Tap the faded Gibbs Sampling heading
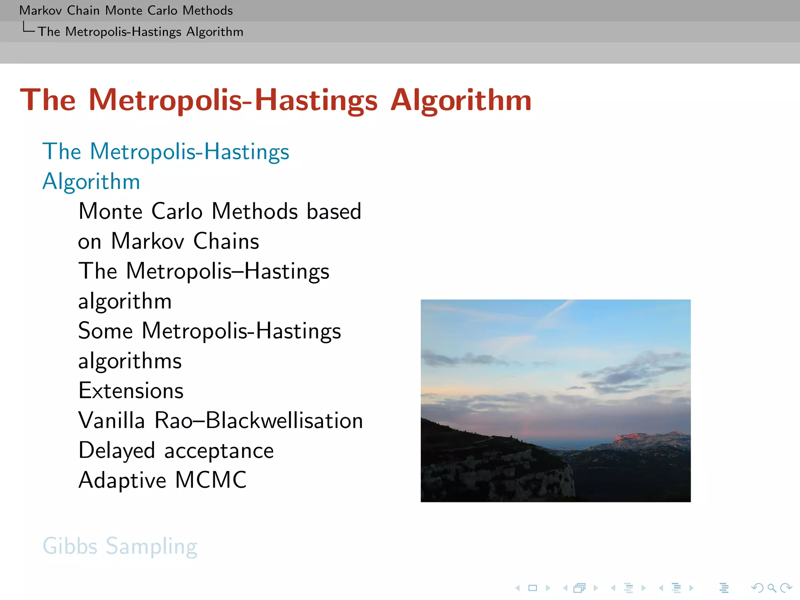pyautogui.click(x=120, y=546)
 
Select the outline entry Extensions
pyautogui.click(x=131, y=391)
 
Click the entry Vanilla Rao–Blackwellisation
pyautogui.click(x=221, y=421)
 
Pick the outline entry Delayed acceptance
pyautogui.click(x=176, y=450)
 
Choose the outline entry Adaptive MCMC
pyautogui.click(x=162, y=480)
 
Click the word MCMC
pyautogui.click(x=211, y=480)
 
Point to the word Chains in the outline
pyautogui.click(x=226, y=241)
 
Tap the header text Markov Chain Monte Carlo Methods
pyautogui.click(x=126, y=11)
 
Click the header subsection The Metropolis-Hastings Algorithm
pyautogui.click(x=141, y=32)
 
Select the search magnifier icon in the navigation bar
pyautogui.click(x=771, y=588)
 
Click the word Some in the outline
pyautogui.click(x=105, y=331)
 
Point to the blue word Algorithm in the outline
pyautogui.click(x=91, y=182)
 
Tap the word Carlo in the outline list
pyautogui.click(x=177, y=211)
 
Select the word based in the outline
pyautogui.click(x=334, y=211)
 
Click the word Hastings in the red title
pyautogui.click(x=316, y=101)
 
